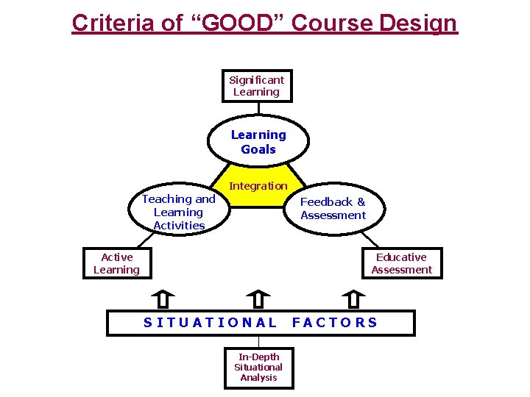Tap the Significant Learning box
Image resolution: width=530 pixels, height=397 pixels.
point(257,86)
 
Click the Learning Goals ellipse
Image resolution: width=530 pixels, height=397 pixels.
point(258,142)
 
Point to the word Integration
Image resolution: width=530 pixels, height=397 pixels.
point(258,186)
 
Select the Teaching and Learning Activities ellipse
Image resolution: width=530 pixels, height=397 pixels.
point(179,212)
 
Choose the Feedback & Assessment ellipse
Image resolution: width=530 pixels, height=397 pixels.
point(333,209)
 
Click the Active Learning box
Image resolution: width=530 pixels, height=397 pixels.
point(117,263)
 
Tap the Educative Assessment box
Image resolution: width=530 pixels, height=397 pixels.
point(401,263)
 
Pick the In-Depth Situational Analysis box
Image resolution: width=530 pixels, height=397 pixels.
point(258,367)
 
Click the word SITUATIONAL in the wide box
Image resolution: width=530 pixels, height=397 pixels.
point(211,322)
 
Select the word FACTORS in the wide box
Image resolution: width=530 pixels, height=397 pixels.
point(335,322)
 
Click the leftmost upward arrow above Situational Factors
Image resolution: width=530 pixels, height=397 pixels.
point(163,299)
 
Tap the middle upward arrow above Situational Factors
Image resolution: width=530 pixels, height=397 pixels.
point(258,299)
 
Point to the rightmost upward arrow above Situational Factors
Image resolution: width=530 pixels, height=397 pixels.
point(353,299)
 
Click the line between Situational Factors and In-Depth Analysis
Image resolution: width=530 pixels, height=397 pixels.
point(258,341)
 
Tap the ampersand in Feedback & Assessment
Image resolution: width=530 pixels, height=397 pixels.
point(361,201)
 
